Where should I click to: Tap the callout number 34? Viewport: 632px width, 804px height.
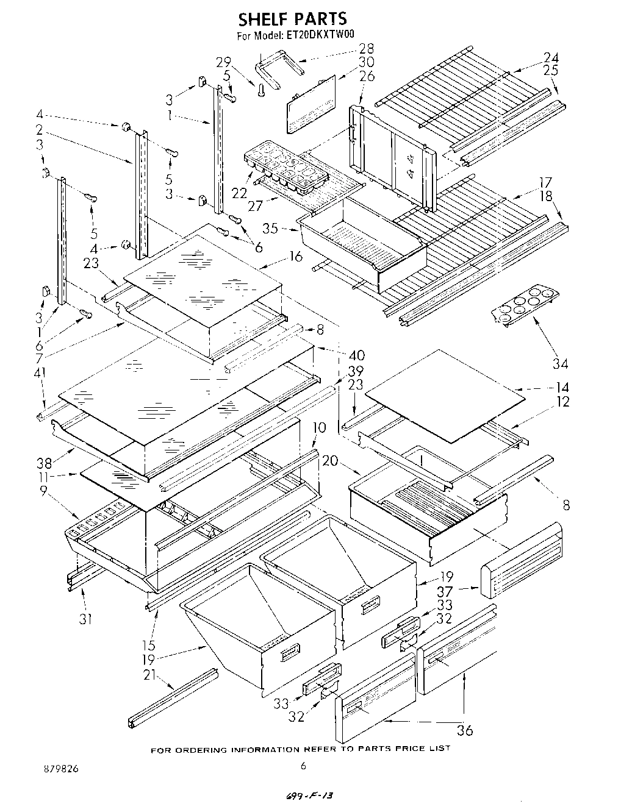tap(560, 363)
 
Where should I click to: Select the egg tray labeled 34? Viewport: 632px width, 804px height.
tap(526, 305)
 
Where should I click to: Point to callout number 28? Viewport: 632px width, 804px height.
tap(366, 49)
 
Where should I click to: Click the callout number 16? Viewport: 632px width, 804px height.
tap(296, 256)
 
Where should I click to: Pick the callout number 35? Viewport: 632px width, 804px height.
tap(270, 228)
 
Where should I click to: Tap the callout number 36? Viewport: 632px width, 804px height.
tap(464, 730)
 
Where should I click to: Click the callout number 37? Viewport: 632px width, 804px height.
tap(444, 591)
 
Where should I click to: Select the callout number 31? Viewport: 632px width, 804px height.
tap(85, 619)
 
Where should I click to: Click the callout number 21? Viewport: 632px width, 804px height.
tap(149, 675)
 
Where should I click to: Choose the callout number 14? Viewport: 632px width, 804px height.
tap(562, 387)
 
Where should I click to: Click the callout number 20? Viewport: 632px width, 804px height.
tap(330, 461)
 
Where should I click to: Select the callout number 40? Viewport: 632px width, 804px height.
tap(357, 355)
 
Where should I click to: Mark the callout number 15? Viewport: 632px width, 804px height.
tap(148, 645)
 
